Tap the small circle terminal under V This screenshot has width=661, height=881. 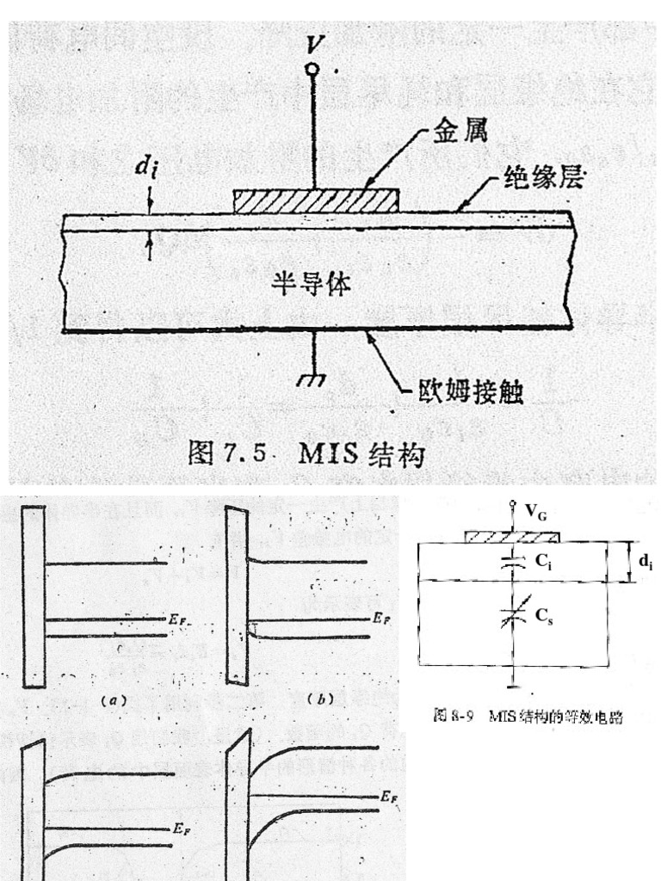tap(314, 69)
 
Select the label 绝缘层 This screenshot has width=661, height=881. tap(546, 180)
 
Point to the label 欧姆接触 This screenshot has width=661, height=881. tap(471, 392)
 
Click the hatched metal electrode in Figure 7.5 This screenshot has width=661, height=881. tap(316, 200)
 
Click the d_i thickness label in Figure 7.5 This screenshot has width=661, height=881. tap(145, 169)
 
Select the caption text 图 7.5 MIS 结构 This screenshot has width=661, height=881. tap(306, 453)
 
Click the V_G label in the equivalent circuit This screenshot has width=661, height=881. tap(535, 516)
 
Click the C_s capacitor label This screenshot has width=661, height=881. tap(543, 614)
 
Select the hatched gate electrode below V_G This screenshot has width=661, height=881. tap(512, 538)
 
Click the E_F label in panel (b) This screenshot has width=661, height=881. tap(383, 618)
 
